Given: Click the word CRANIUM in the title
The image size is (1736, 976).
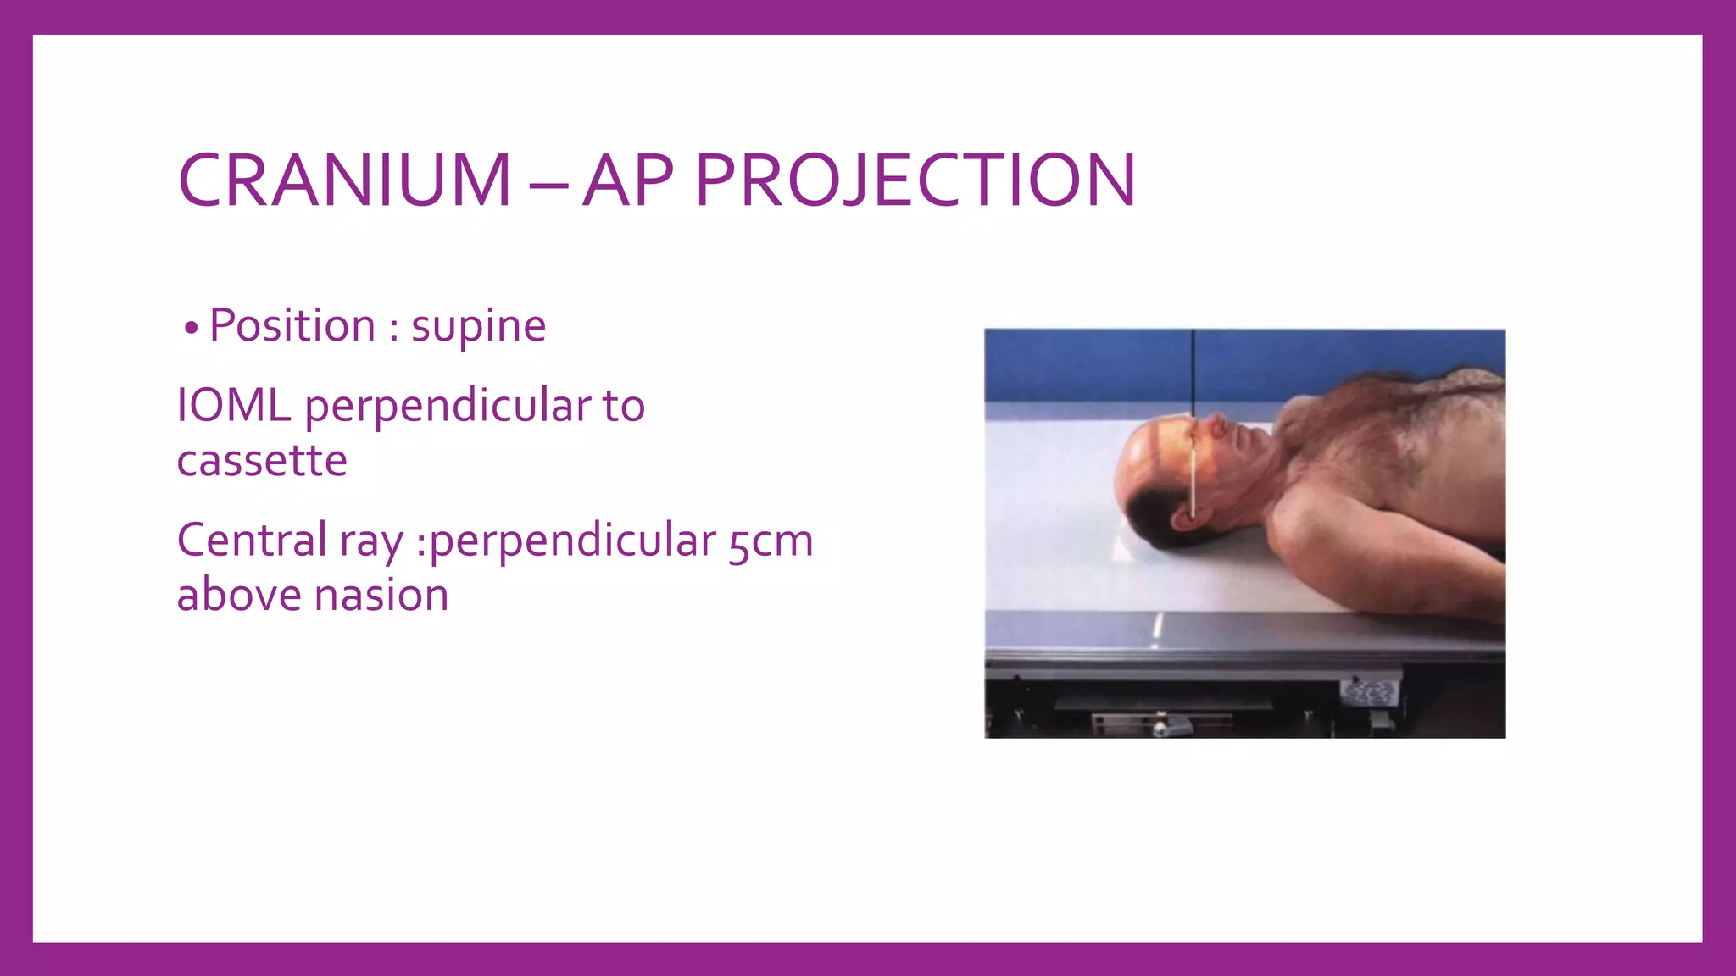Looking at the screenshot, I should pyautogui.click(x=344, y=180).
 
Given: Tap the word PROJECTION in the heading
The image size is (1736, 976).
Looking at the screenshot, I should pyautogui.click(x=915, y=180).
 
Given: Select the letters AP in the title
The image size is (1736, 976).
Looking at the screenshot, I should pyautogui.click(x=628, y=180).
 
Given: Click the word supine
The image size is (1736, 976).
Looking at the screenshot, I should pyautogui.click(x=478, y=326).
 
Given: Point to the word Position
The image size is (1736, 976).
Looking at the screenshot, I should pyautogui.click(x=292, y=325).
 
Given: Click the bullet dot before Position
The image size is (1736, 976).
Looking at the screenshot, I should pyautogui.click(x=192, y=329).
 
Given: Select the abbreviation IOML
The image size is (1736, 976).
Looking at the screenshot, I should pyautogui.click(x=233, y=405).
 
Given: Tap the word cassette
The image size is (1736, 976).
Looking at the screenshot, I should pyautogui.click(x=262, y=461).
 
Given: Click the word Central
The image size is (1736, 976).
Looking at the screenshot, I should pyautogui.click(x=252, y=541).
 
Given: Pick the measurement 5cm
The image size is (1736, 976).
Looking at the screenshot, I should pyautogui.click(x=771, y=541).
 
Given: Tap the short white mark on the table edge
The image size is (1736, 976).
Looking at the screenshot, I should pyautogui.click(x=1158, y=627).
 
